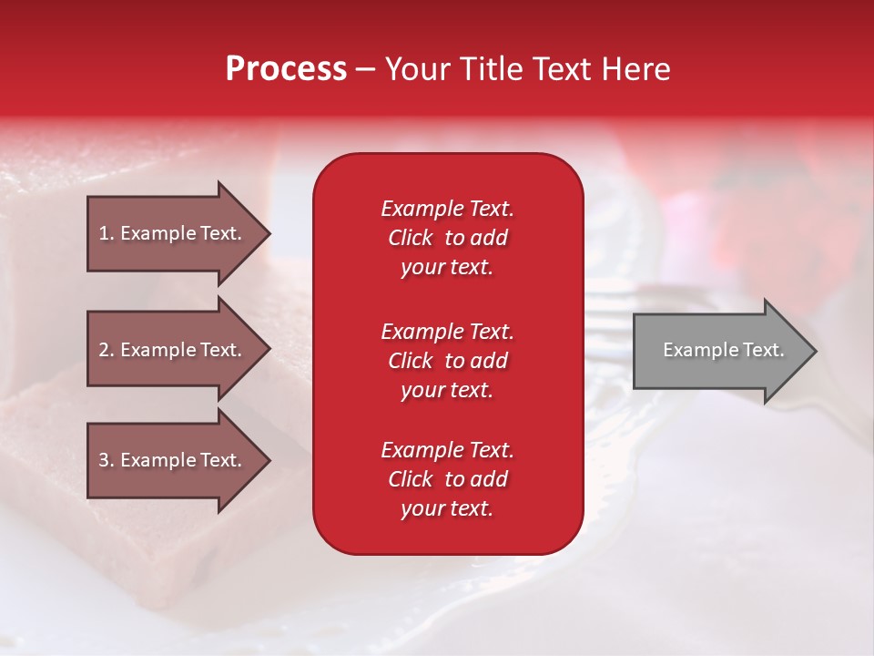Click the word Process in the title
click(x=286, y=69)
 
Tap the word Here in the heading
click(x=634, y=69)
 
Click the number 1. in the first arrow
click(x=107, y=233)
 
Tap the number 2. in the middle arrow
click(x=107, y=350)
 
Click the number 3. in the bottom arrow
click(x=107, y=460)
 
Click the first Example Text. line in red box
click(x=447, y=209)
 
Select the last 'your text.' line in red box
click(x=447, y=509)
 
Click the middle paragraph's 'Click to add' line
click(x=447, y=361)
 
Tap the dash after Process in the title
click(x=365, y=70)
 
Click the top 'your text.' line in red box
click(x=447, y=268)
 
